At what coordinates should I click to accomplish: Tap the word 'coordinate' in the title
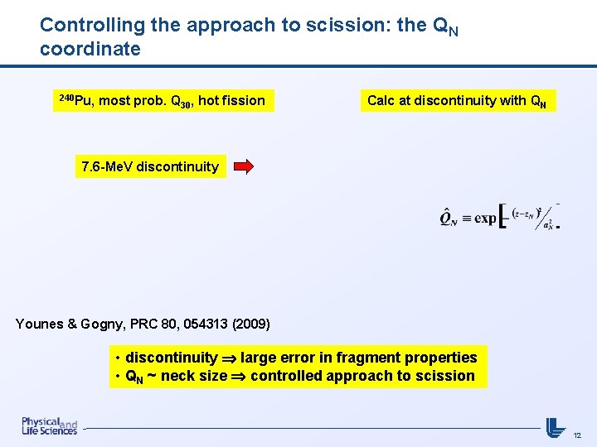tap(90, 49)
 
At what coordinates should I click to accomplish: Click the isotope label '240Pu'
tap(74, 100)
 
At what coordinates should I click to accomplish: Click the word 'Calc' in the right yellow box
tap(381, 101)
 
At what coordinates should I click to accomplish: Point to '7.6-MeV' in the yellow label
tap(107, 166)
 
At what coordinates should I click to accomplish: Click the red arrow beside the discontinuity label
tap(244, 166)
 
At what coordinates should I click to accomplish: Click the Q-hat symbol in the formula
tap(448, 219)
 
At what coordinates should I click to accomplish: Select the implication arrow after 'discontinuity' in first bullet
tap(229, 358)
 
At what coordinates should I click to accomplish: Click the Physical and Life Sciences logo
tap(49, 425)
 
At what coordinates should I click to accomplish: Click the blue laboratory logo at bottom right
tap(556, 426)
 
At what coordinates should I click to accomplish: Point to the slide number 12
tap(577, 435)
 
